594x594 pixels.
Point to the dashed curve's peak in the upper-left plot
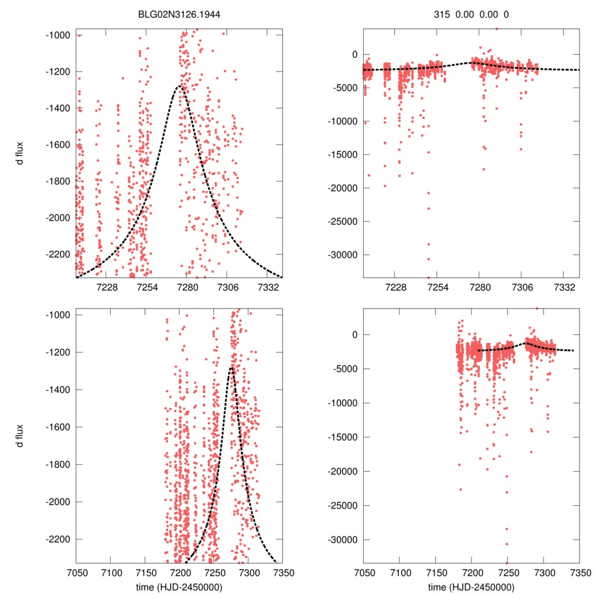pos(180,86)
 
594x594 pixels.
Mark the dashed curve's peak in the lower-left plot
pos(231,367)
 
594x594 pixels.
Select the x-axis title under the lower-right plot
pos(470,586)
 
